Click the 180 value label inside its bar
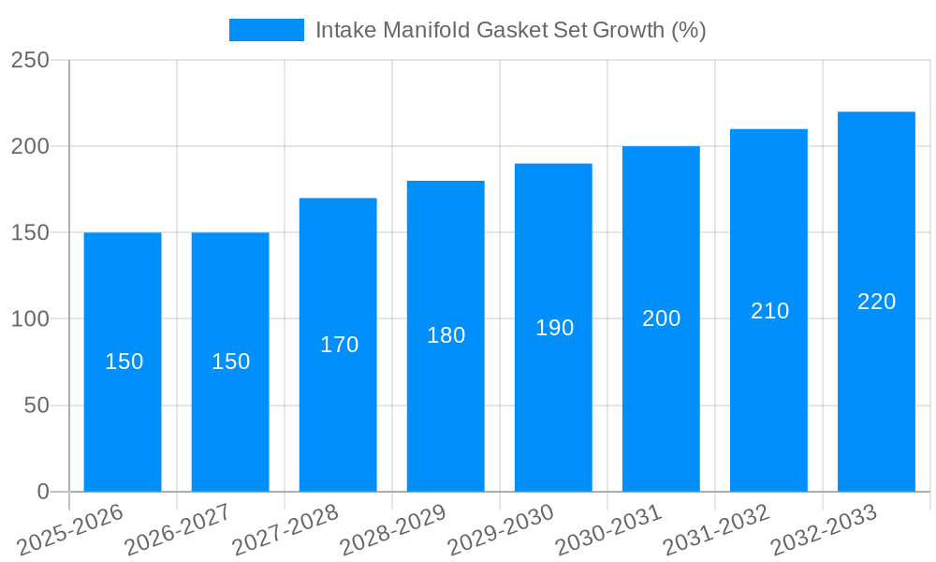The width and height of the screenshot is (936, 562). [x=446, y=335]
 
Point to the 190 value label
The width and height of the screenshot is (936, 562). [x=554, y=328]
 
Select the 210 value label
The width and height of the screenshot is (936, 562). [x=769, y=311]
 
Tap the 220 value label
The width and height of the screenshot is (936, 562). [x=876, y=302]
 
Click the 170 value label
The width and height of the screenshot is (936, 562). [x=339, y=345]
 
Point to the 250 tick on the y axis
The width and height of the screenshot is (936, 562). [x=30, y=60]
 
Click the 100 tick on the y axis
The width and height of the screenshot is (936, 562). [x=30, y=319]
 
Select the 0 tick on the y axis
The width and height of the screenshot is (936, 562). [x=42, y=492]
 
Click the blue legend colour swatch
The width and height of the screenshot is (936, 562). [x=267, y=30]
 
